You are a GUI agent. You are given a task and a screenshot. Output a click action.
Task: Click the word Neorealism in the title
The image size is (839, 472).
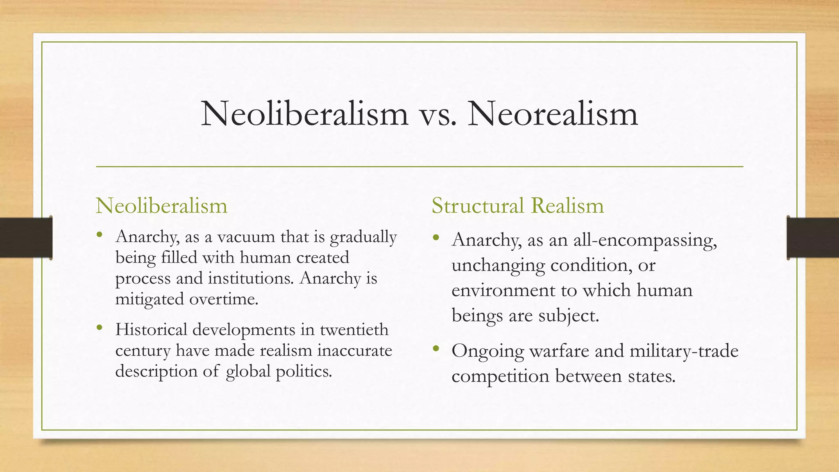pyautogui.click(x=553, y=113)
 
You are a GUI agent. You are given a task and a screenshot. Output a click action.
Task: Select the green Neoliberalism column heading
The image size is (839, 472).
pyautogui.click(x=161, y=205)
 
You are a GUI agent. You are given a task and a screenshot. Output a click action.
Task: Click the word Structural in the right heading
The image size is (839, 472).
pyautogui.click(x=477, y=205)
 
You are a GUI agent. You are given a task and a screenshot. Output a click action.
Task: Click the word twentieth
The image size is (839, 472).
pyautogui.click(x=354, y=329)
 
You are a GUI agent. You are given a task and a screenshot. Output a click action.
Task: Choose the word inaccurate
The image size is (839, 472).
pyautogui.click(x=355, y=350)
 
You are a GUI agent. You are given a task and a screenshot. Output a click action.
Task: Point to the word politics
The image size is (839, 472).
pyautogui.click(x=304, y=371)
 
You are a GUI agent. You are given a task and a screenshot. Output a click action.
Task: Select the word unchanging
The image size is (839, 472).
pyautogui.click(x=498, y=265)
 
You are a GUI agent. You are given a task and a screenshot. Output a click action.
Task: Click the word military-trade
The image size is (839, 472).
pyautogui.click(x=684, y=351)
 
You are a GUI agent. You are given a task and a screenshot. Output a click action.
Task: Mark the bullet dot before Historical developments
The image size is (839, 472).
pyautogui.click(x=99, y=327)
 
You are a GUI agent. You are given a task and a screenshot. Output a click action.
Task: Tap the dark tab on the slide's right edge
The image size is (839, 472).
pyautogui.click(x=813, y=238)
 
